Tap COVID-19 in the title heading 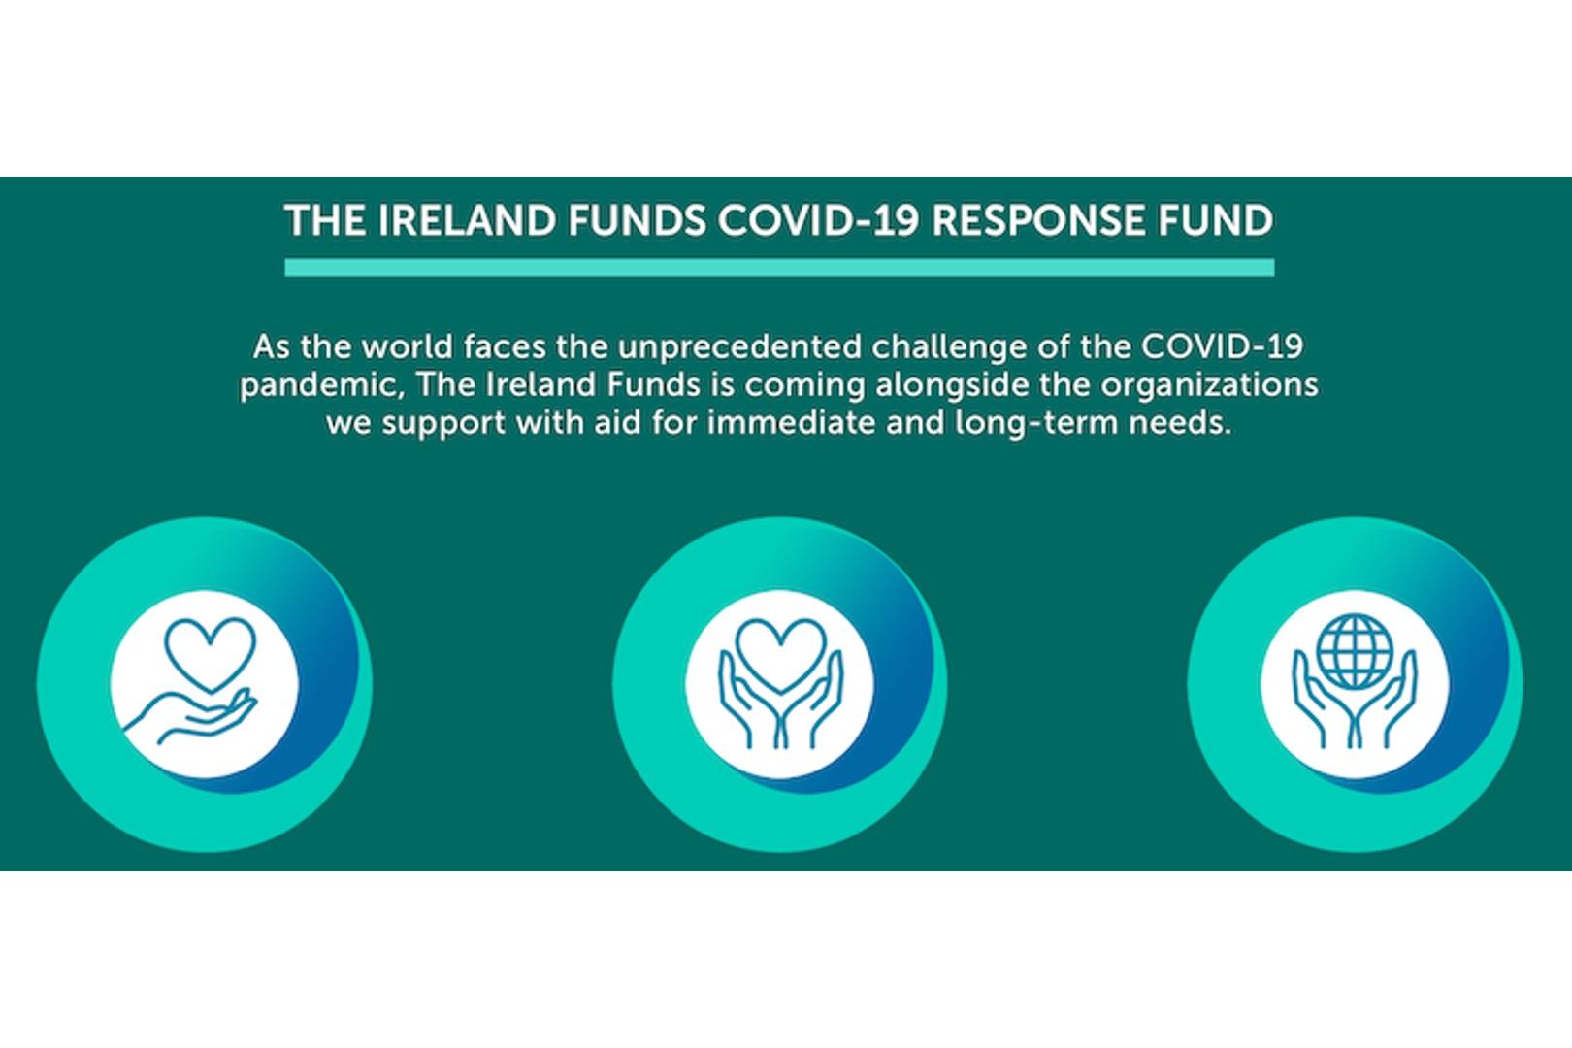click(x=818, y=221)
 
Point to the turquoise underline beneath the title click(x=779, y=268)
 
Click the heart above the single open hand click(x=211, y=654)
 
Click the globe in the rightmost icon click(x=1355, y=652)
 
